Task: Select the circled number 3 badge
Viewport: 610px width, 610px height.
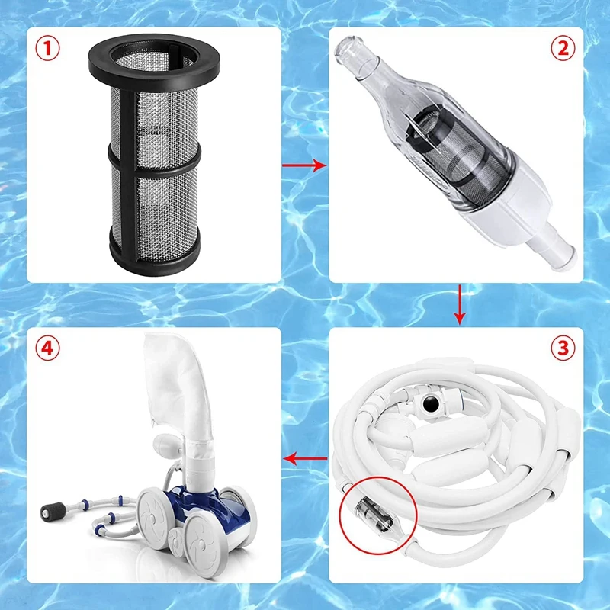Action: [x=562, y=348]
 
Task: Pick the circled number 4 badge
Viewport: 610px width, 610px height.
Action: [x=47, y=348]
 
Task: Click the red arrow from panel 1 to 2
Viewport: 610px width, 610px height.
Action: [x=305, y=164]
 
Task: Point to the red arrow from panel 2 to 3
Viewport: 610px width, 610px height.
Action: [x=458, y=304]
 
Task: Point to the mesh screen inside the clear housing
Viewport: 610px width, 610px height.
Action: [x=442, y=160]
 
